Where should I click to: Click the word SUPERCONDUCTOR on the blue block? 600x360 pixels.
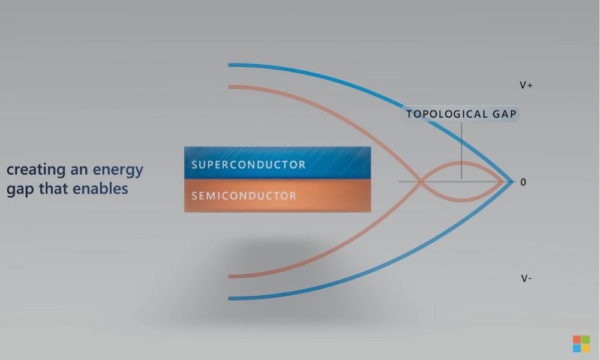(x=248, y=164)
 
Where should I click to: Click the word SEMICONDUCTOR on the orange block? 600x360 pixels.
(x=244, y=196)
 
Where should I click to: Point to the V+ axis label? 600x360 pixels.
(x=526, y=85)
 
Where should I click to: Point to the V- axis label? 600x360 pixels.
(x=526, y=278)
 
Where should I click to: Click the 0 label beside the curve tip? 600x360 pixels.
(x=523, y=182)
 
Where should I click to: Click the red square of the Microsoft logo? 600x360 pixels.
(x=577, y=340)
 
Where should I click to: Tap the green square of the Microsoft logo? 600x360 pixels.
(x=586, y=340)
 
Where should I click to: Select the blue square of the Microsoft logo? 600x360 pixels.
(x=577, y=348)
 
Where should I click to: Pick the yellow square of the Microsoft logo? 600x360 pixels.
(x=586, y=348)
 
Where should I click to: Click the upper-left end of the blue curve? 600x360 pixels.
(x=230, y=65)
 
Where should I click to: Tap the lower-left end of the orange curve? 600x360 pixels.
(x=231, y=277)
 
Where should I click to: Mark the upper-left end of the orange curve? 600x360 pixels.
(x=231, y=87)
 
